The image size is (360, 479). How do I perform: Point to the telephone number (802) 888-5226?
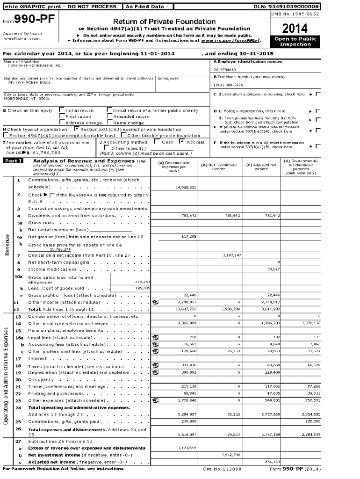coord(228,85)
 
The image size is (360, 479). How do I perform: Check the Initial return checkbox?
coord(62,111)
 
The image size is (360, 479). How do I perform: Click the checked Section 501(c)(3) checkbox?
coord(77,129)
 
